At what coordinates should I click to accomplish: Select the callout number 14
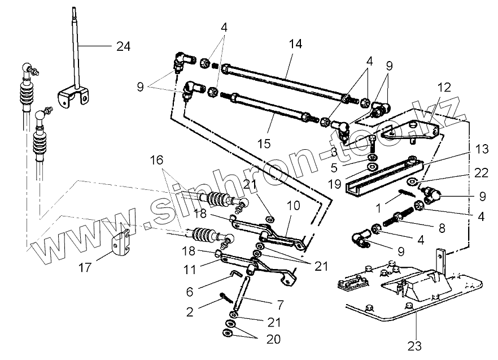(296, 44)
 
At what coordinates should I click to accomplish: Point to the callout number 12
(444, 87)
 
